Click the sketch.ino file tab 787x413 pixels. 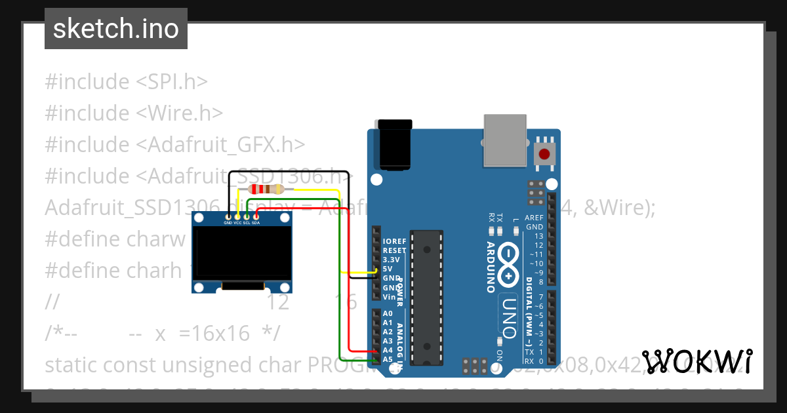click(x=115, y=29)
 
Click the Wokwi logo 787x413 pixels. click(x=696, y=361)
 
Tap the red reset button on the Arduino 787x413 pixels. click(x=544, y=155)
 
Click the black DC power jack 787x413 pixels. click(x=395, y=146)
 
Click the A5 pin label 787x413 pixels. click(x=388, y=359)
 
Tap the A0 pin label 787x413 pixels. click(x=388, y=313)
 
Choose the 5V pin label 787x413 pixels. click(x=388, y=269)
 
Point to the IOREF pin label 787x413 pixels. click(x=394, y=241)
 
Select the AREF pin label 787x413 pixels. click(x=535, y=218)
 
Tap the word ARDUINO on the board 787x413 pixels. click(x=491, y=267)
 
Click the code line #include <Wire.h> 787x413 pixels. click(x=134, y=113)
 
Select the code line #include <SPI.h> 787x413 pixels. click(x=126, y=81)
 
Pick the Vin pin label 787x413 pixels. click(x=388, y=297)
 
